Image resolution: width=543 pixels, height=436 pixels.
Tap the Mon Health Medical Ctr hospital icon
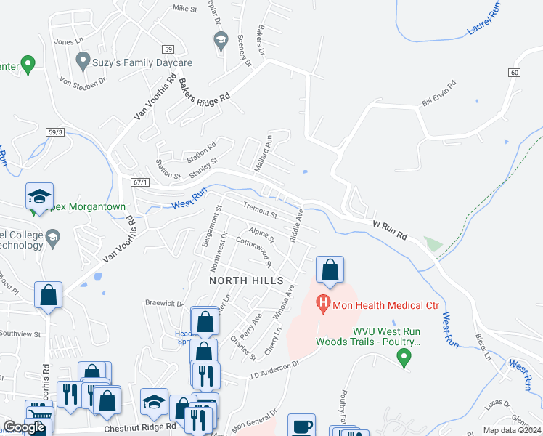(324, 304)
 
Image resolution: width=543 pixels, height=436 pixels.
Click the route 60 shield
(515, 73)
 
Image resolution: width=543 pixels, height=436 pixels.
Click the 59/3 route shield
(57, 132)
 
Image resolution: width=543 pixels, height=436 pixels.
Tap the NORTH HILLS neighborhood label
(240, 280)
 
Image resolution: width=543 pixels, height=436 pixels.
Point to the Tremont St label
(260, 211)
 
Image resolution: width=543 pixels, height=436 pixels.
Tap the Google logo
(24, 427)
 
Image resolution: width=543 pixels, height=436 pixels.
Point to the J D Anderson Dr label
(274, 370)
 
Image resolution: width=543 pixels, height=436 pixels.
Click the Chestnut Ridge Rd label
(140, 428)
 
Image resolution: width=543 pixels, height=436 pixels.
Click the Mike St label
(185, 9)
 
